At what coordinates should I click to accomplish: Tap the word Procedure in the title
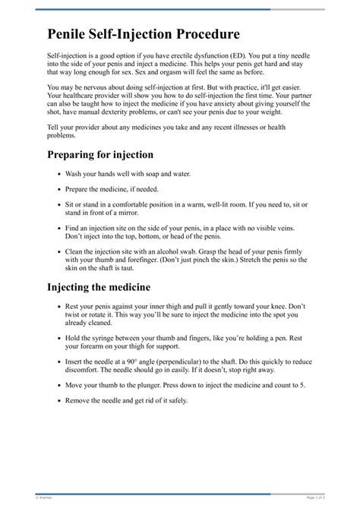pyautogui.click(x=204, y=34)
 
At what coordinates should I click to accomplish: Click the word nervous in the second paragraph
pyautogui.click(x=96, y=89)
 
